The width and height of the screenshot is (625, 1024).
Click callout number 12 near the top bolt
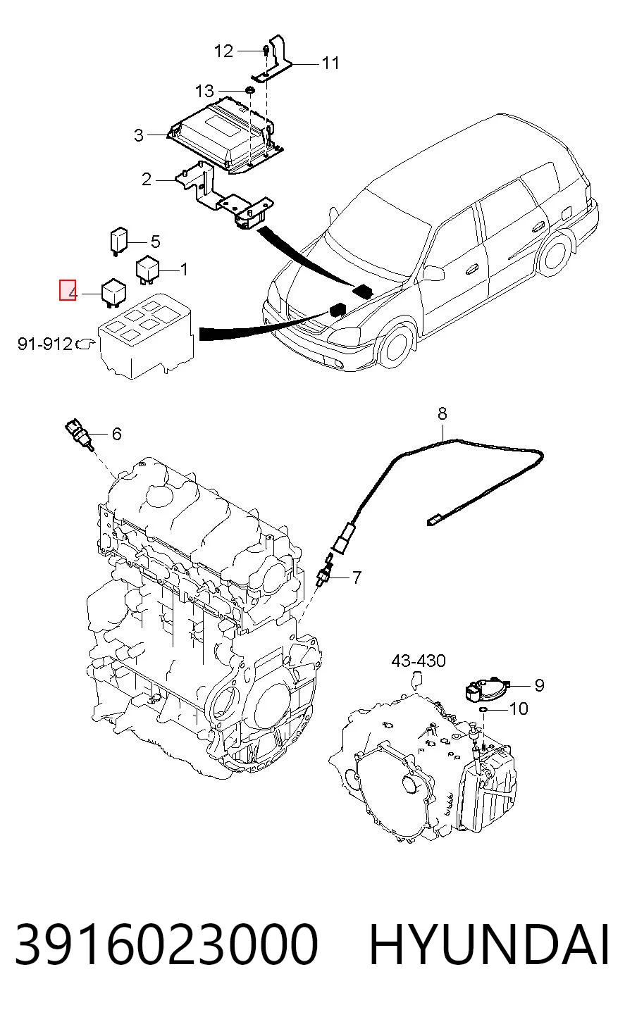point(224,51)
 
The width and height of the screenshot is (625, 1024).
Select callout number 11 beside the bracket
point(330,63)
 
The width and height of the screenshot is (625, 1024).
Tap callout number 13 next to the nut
point(204,91)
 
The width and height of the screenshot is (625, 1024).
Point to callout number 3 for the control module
point(139,135)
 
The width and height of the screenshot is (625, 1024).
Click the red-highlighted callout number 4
point(68,290)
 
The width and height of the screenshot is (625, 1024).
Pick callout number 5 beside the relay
point(156,242)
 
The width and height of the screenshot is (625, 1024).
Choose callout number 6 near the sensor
point(117,433)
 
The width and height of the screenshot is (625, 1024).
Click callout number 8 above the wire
point(442,413)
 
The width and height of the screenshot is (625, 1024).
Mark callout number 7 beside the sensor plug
point(357,577)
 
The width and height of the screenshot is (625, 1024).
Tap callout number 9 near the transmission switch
point(540,685)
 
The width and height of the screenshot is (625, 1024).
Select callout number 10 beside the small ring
point(519,708)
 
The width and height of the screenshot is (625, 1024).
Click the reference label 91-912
point(45,343)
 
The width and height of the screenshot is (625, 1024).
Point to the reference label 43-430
point(419,661)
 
